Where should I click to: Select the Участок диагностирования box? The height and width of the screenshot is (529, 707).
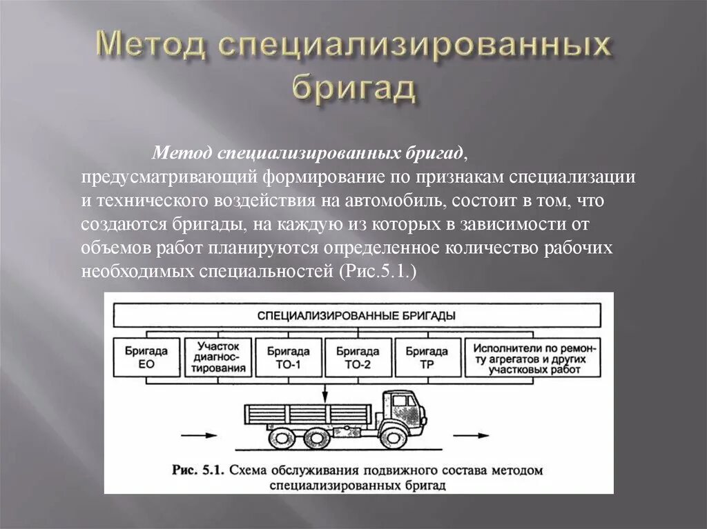point(219,357)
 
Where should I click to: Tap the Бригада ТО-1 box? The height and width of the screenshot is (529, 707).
point(289,357)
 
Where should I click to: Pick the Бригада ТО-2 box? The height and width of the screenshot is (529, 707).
point(358,357)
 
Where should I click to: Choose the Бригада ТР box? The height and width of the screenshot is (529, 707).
point(427,357)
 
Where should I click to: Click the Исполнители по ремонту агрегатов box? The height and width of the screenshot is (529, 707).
point(530,357)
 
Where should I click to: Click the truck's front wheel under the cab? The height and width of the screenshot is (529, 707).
point(391,436)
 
